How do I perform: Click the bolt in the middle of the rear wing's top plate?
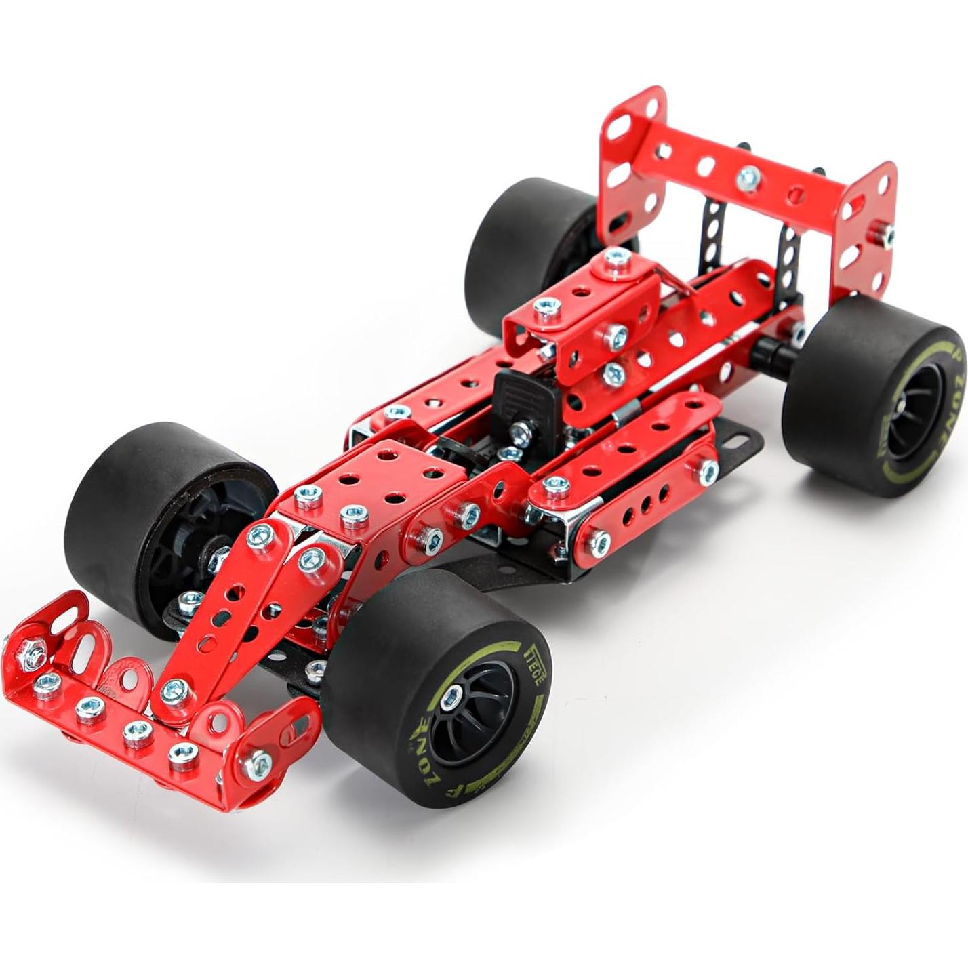[x=747, y=178]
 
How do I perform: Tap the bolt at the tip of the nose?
[x=176, y=690]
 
